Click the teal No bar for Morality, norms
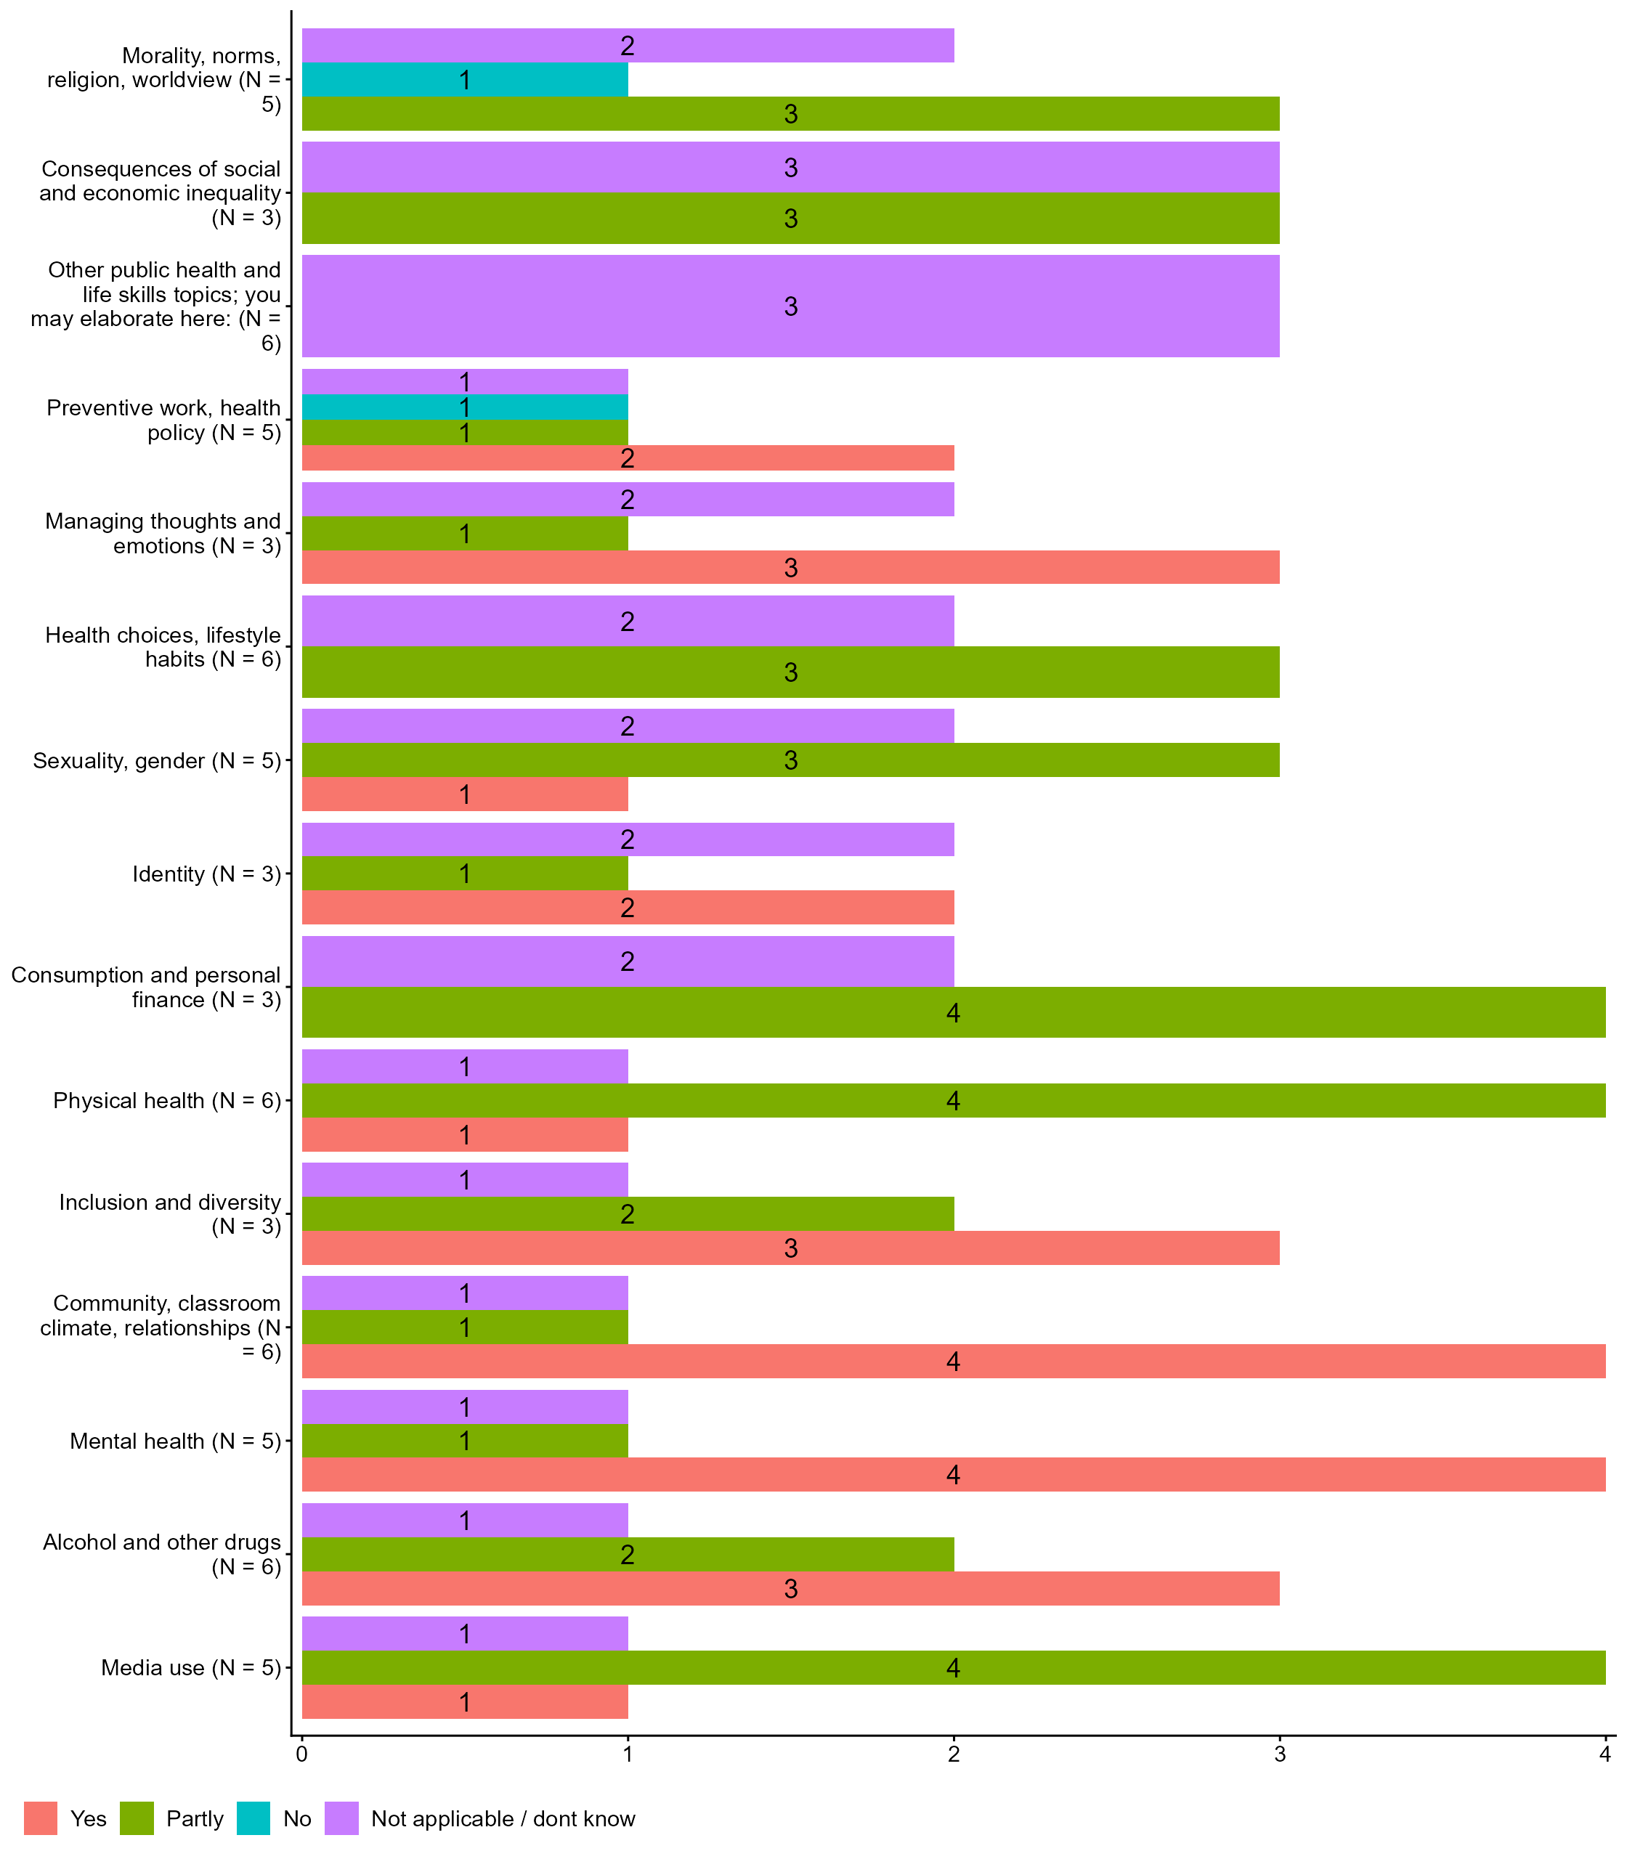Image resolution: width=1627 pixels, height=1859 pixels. click(x=464, y=80)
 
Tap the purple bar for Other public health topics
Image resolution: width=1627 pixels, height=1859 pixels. click(x=790, y=306)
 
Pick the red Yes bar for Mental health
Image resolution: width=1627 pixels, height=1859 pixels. click(x=952, y=1474)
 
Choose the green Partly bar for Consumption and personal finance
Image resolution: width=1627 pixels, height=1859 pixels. click(x=952, y=1012)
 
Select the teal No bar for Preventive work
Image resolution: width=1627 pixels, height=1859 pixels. click(x=464, y=407)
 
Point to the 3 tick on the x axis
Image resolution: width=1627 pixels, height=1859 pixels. click(x=1279, y=1754)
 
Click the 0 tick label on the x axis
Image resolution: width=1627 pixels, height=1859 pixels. click(x=301, y=1754)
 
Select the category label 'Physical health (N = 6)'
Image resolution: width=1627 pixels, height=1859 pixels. click(x=167, y=1100)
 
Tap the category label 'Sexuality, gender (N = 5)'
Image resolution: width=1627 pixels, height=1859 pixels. click(x=157, y=760)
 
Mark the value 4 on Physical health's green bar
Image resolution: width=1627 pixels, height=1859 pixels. click(x=952, y=1101)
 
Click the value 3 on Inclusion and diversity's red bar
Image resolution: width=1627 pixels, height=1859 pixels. click(x=790, y=1248)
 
